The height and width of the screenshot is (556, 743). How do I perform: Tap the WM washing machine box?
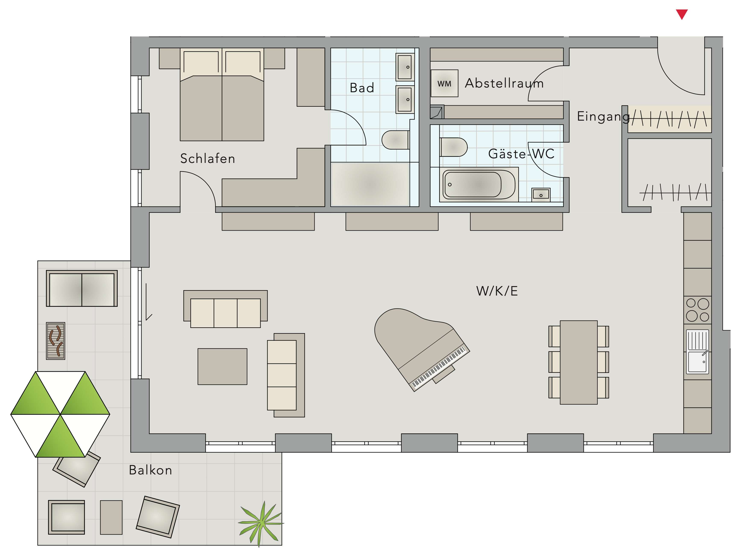444,83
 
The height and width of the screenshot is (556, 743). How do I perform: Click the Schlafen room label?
208,158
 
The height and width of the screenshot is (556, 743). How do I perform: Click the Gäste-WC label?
521,154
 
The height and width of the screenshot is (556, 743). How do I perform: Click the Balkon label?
150,470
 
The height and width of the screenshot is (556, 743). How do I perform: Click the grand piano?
420,348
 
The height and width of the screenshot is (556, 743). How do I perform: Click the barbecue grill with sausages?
55,341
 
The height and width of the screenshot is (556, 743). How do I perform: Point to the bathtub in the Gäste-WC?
479,185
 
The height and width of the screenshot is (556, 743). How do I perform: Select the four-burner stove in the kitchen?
697,310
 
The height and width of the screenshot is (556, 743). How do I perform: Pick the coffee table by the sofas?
222,366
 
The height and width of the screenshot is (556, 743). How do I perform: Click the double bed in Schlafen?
222,94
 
